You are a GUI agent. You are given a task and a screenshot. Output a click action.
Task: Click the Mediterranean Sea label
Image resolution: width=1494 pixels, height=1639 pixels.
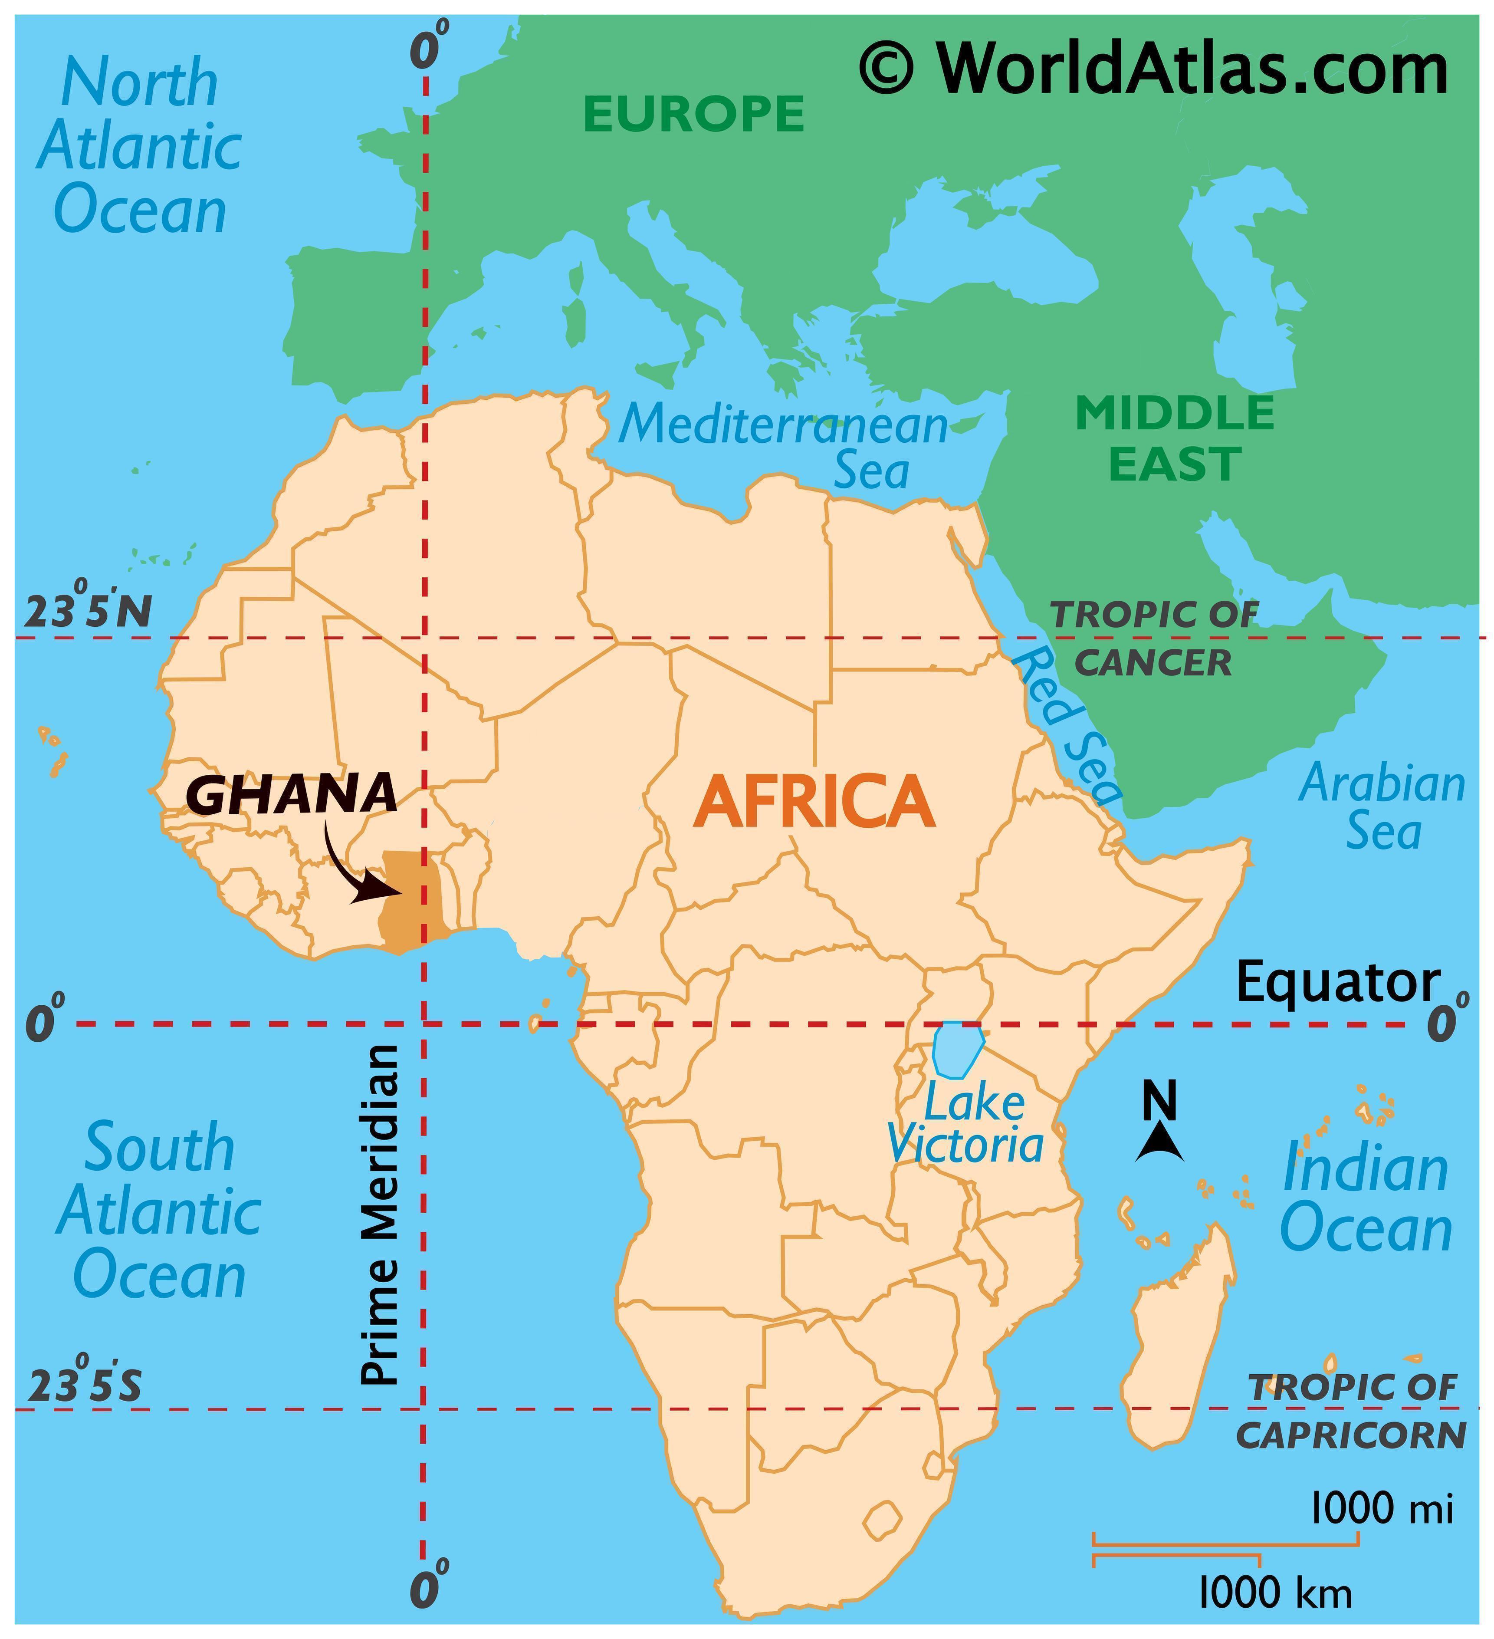(785, 447)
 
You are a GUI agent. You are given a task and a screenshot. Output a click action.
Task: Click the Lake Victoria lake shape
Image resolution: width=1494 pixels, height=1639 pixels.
(958, 1049)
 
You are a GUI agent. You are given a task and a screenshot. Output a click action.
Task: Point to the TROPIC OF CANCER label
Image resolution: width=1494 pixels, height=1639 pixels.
(1154, 639)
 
